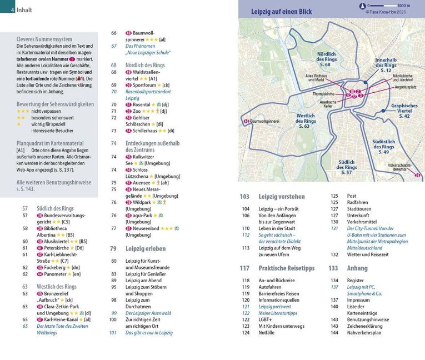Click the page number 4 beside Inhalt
(x=12, y=9)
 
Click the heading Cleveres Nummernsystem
(x=44, y=39)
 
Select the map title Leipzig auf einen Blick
(x=281, y=11)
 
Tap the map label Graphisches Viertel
(x=404, y=111)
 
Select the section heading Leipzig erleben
(x=146, y=248)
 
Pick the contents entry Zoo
(x=138, y=111)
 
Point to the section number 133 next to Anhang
(x=333, y=268)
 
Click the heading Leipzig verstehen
(x=282, y=196)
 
